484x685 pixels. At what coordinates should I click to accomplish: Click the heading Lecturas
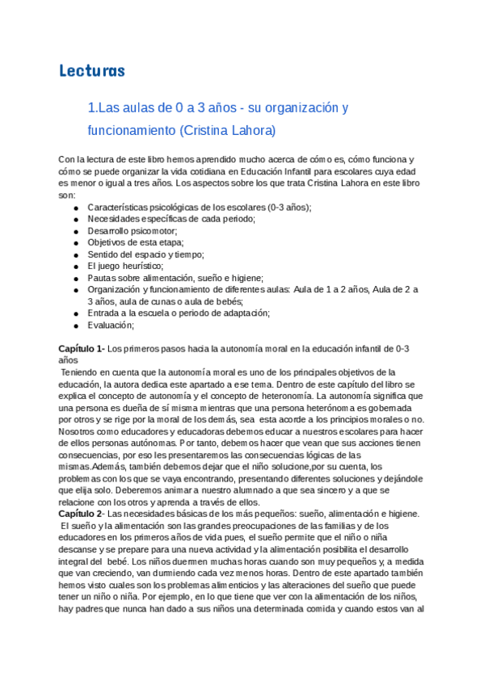click(92, 71)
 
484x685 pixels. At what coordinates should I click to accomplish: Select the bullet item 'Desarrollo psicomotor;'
click(132, 231)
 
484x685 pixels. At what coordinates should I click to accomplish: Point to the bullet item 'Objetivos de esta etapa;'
click(135, 242)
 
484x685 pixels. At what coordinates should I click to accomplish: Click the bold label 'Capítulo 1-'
click(82, 349)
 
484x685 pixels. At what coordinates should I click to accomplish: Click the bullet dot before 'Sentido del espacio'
click(75, 254)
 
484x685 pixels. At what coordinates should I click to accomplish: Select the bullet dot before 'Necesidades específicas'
click(75, 220)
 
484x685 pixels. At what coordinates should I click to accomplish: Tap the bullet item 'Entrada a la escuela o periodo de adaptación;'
click(179, 313)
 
